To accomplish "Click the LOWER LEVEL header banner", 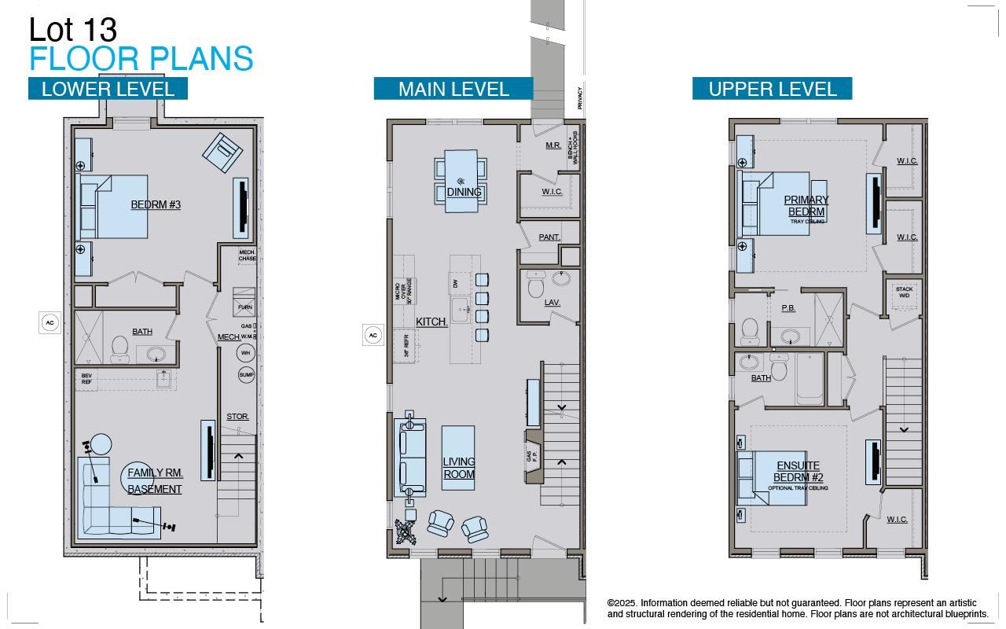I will (x=108, y=89).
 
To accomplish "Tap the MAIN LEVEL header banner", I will (x=453, y=89).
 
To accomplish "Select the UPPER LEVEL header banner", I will (x=772, y=89).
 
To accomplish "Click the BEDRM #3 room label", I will (x=156, y=204).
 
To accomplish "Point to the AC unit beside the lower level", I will (x=50, y=322).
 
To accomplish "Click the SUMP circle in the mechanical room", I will (x=247, y=375).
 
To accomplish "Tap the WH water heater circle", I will (x=246, y=353).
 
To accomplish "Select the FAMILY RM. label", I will (x=155, y=473).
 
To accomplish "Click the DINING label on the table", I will (x=464, y=192).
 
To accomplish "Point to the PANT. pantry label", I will (x=549, y=237).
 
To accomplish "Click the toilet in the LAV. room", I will (x=536, y=284).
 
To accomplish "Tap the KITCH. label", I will (x=431, y=322).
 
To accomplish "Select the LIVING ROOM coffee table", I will (x=458, y=458).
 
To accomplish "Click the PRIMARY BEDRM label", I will (x=806, y=206).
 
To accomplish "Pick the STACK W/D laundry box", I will (x=904, y=292).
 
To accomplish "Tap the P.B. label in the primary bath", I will (x=788, y=308).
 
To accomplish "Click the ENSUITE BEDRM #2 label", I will (x=798, y=472).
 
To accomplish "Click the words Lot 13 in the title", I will (x=73, y=30).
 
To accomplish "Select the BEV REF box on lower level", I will (x=86, y=379).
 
